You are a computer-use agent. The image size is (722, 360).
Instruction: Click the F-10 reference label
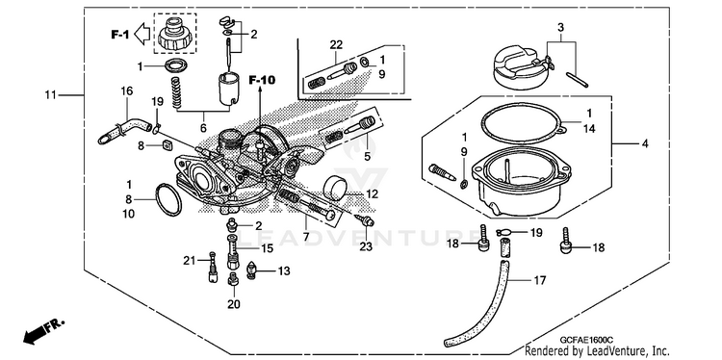[x=262, y=80]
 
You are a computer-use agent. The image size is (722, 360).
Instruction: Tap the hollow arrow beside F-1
[x=142, y=34]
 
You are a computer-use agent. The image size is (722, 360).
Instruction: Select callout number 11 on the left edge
[x=50, y=95]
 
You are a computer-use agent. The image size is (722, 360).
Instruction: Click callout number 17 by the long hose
[x=540, y=280]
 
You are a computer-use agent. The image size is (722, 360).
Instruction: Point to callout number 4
[x=645, y=144]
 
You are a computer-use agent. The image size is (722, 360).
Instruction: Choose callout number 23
[x=366, y=246]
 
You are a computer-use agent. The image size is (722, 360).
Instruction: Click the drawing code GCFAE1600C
[x=581, y=340]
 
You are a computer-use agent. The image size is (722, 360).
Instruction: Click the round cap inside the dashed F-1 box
[x=175, y=33]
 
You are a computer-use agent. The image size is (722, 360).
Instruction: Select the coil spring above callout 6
[x=176, y=92]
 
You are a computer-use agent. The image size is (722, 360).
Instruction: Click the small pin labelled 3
[x=577, y=79]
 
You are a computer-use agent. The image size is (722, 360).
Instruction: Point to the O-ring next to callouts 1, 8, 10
[x=168, y=199]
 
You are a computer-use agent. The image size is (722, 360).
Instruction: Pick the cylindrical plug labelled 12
[x=335, y=188]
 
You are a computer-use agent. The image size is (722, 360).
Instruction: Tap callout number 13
[x=284, y=271]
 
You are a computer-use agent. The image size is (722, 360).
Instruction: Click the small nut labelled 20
[x=233, y=278]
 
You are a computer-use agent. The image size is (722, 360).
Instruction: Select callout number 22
[x=336, y=45]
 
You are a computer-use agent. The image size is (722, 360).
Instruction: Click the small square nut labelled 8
[x=167, y=146]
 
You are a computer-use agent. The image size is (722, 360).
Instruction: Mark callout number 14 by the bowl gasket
[x=589, y=129]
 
